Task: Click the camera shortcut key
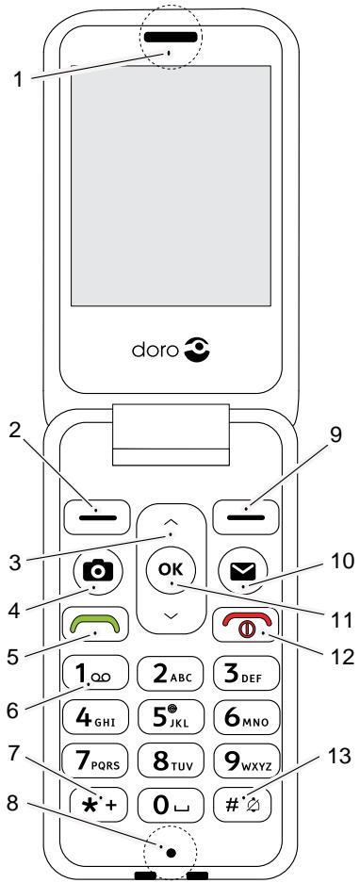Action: [x=95, y=572]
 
